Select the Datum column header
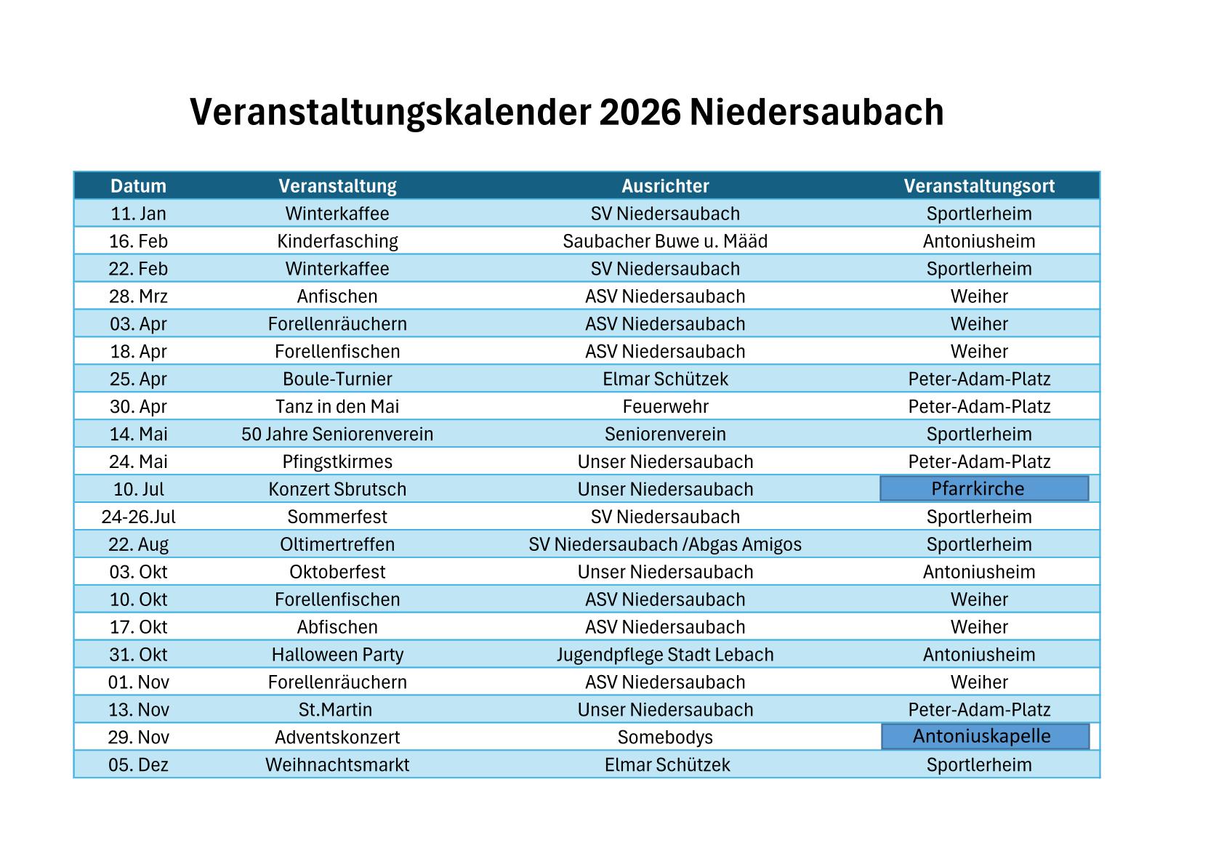[138, 186]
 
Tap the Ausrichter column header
[665, 186]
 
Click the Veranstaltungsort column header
[979, 186]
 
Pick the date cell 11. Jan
[138, 214]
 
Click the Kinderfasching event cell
[337, 241]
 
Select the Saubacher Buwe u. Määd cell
[665, 241]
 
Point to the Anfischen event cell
[337, 296]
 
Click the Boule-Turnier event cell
[337, 379]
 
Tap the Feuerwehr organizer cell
[665, 407]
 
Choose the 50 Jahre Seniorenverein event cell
[337, 435]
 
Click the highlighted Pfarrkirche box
[984, 488]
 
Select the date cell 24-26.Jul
[138, 517]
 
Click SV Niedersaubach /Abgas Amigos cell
[665, 545]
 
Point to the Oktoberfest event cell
[337, 572]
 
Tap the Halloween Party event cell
[337, 655]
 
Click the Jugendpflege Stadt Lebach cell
[665, 655]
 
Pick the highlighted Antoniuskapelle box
[985, 736]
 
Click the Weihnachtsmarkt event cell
[337, 765]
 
